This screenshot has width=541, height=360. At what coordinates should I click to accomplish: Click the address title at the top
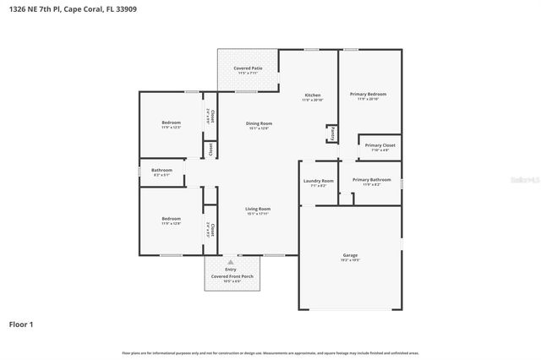[x=73, y=9]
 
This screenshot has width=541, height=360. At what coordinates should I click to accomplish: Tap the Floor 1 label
[x=21, y=324]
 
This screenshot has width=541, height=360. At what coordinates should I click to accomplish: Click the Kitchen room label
[x=312, y=96]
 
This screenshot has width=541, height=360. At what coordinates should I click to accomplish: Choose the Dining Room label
[x=259, y=125]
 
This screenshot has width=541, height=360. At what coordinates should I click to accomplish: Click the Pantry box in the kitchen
[x=332, y=134]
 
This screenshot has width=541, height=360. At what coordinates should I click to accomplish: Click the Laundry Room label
[x=318, y=182]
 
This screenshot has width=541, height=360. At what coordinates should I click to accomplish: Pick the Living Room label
[x=258, y=210]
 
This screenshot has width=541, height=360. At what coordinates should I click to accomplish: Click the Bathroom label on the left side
[x=161, y=172]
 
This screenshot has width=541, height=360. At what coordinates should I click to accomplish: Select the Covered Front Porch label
[x=232, y=276]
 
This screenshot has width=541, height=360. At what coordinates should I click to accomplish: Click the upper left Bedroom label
[x=171, y=124]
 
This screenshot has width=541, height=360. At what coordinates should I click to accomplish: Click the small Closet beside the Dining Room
[x=210, y=150]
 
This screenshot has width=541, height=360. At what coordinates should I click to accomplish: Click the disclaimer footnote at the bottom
[x=270, y=352]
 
